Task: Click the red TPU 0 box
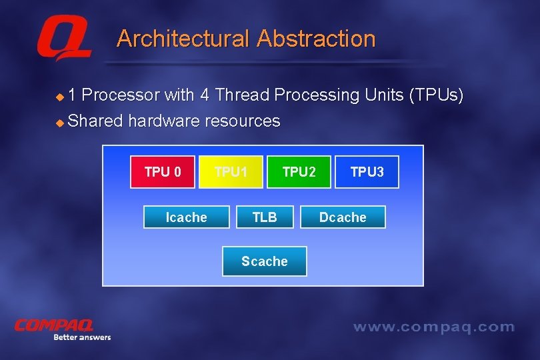coord(163,172)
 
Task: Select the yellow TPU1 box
coord(231,172)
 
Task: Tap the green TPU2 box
coord(299,172)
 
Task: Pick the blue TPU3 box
coord(367,172)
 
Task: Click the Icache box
coord(186,217)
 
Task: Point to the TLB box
coord(265,217)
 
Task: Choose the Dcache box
coord(343,217)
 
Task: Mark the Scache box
coord(265,261)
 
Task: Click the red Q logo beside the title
coord(63,40)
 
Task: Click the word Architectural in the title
coord(183,39)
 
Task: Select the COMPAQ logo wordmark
coord(55,325)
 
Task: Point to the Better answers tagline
coord(82,337)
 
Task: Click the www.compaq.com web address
coord(433,327)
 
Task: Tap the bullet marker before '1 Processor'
coord(59,97)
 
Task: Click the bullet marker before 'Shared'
coord(59,123)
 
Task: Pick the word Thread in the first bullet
coord(241,95)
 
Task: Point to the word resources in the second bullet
coord(243,121)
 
